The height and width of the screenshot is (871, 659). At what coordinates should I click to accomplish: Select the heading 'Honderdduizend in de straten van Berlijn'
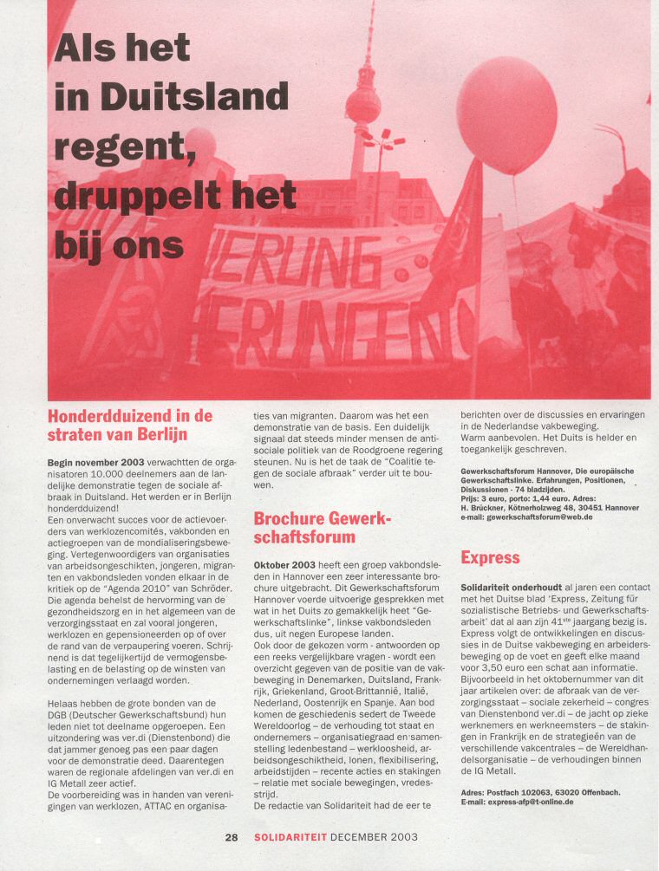pos(129,425)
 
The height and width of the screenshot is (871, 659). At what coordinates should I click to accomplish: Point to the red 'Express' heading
pos(490,557)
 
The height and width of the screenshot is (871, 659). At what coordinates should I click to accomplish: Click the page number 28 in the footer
pos(232,837)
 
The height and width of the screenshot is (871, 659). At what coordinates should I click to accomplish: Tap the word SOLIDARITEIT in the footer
pos(290,837)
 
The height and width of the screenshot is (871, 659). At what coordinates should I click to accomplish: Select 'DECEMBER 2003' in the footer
pos(374,837)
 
